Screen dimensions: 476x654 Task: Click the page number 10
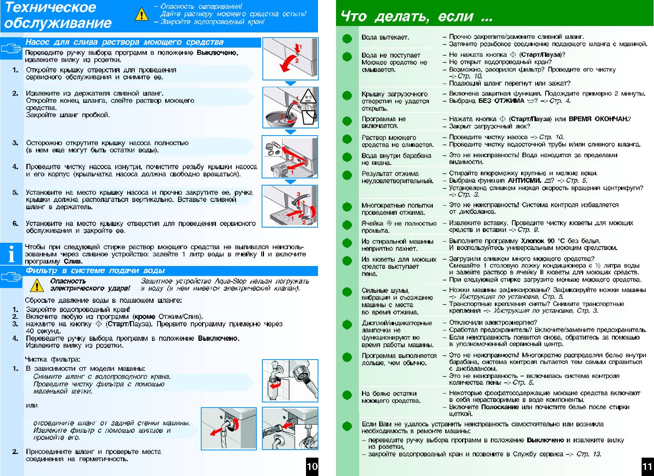tap(312, 466)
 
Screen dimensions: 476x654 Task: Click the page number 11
tap(647, 466)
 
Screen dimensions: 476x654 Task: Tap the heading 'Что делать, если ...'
tap(416, 17)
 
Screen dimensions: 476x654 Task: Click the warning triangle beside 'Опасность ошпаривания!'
tap(141, 14)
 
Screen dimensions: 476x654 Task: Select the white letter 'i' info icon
tap(12, 254)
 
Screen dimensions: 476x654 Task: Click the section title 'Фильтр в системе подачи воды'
tap(95, 271)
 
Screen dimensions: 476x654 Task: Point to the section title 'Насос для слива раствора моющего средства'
tap(124, 42)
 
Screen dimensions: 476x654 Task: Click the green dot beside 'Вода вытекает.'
tap(347, 38)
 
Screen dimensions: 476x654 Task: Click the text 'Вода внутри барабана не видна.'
tap(396, 159)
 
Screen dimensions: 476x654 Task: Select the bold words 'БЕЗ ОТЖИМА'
tap(501, 101)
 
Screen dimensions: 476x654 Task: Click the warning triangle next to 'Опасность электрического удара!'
tap(37, 285)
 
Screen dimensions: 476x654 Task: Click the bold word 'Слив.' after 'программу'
tap(73, 262)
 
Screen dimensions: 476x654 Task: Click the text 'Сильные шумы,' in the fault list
tap(385, 290)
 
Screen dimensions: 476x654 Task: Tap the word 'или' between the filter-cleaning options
tap(32, 405)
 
